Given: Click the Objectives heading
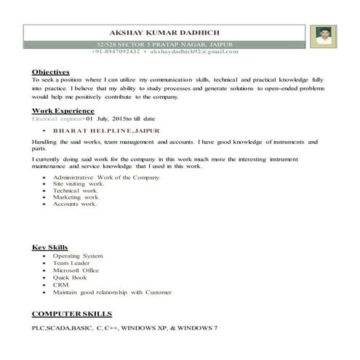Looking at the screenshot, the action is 50,72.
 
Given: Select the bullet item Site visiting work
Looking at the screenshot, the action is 79,184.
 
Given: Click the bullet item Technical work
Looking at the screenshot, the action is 76,191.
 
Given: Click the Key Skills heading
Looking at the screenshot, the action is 48,248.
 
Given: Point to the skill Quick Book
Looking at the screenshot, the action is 71,278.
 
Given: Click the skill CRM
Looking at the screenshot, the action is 61,284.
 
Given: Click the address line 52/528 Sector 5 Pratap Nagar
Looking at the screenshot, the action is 164,46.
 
